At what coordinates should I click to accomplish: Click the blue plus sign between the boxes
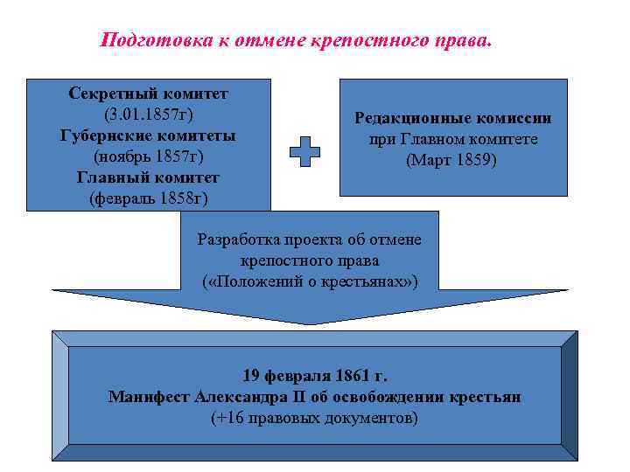pos(304,151)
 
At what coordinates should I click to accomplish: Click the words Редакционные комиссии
pos(452,118)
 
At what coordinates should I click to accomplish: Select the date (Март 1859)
pos(452,161)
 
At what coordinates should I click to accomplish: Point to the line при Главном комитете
pos(452,140)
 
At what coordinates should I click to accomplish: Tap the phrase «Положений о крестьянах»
pos(310,282)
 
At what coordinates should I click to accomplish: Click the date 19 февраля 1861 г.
pos(314,377)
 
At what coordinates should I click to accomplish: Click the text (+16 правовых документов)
pos(314,418)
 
